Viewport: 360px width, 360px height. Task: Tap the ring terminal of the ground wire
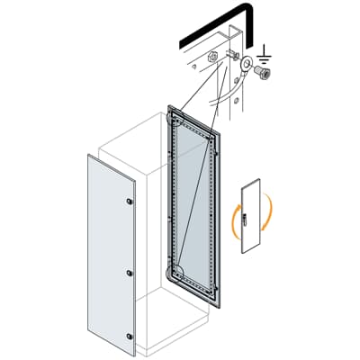coord(246,65)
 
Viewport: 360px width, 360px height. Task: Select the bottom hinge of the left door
coord(130,337)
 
